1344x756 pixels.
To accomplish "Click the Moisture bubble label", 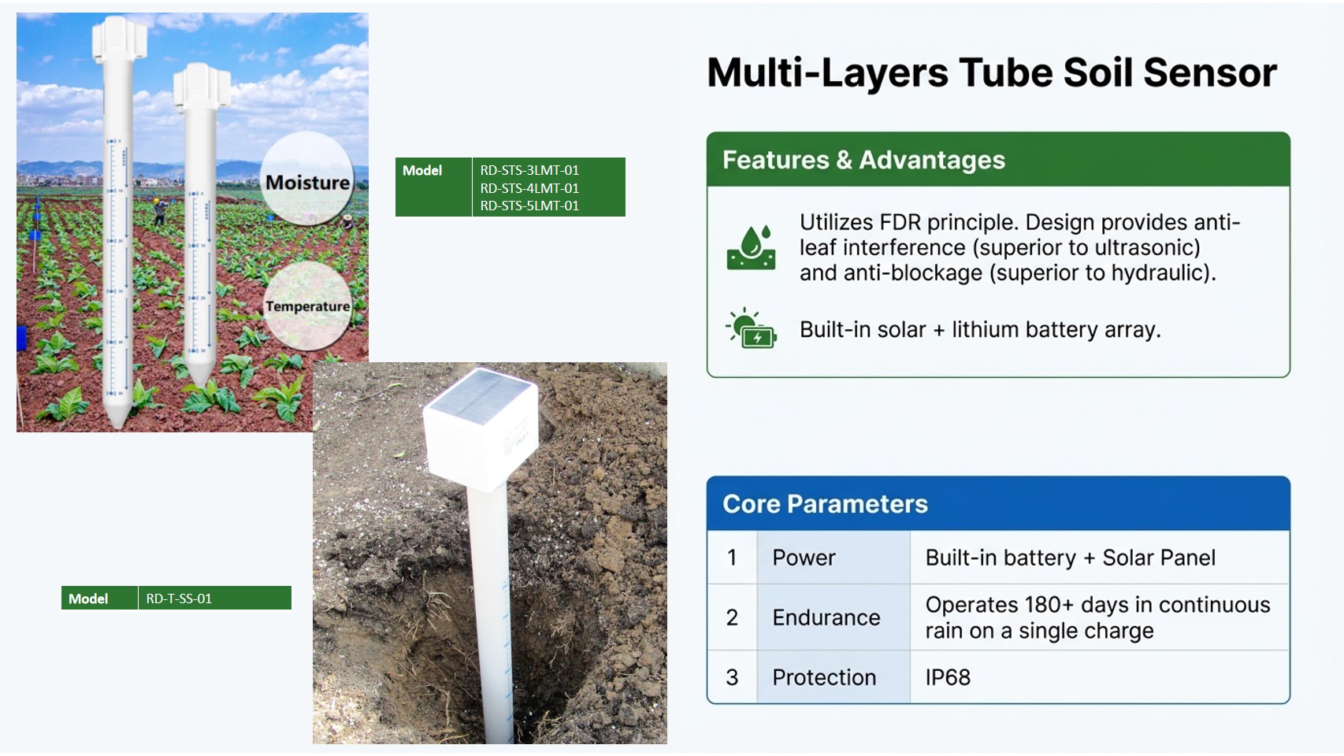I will [307, 182].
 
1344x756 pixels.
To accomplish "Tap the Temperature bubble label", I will [307, 306].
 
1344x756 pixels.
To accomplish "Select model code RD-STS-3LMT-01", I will [529, 170].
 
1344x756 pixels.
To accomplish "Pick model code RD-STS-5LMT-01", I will [529, 206].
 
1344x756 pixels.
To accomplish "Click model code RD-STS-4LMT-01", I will [529, 188].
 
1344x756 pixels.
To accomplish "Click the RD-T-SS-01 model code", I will [179, 598].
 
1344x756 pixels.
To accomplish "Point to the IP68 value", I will [948, 677].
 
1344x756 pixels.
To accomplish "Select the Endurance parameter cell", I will [826, 617].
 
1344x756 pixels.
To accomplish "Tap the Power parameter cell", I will [804, 558].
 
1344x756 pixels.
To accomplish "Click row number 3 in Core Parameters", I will [732, 677].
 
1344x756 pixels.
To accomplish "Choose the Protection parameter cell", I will [824, 677].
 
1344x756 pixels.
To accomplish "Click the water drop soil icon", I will [751, 247].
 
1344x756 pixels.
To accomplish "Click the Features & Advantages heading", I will [863, 160].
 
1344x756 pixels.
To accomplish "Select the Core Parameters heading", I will [825, 504].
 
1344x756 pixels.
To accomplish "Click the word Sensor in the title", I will [1209, 72].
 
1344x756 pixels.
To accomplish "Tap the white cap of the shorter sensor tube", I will [202, 87].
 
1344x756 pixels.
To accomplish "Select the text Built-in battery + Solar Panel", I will [1070, 558].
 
